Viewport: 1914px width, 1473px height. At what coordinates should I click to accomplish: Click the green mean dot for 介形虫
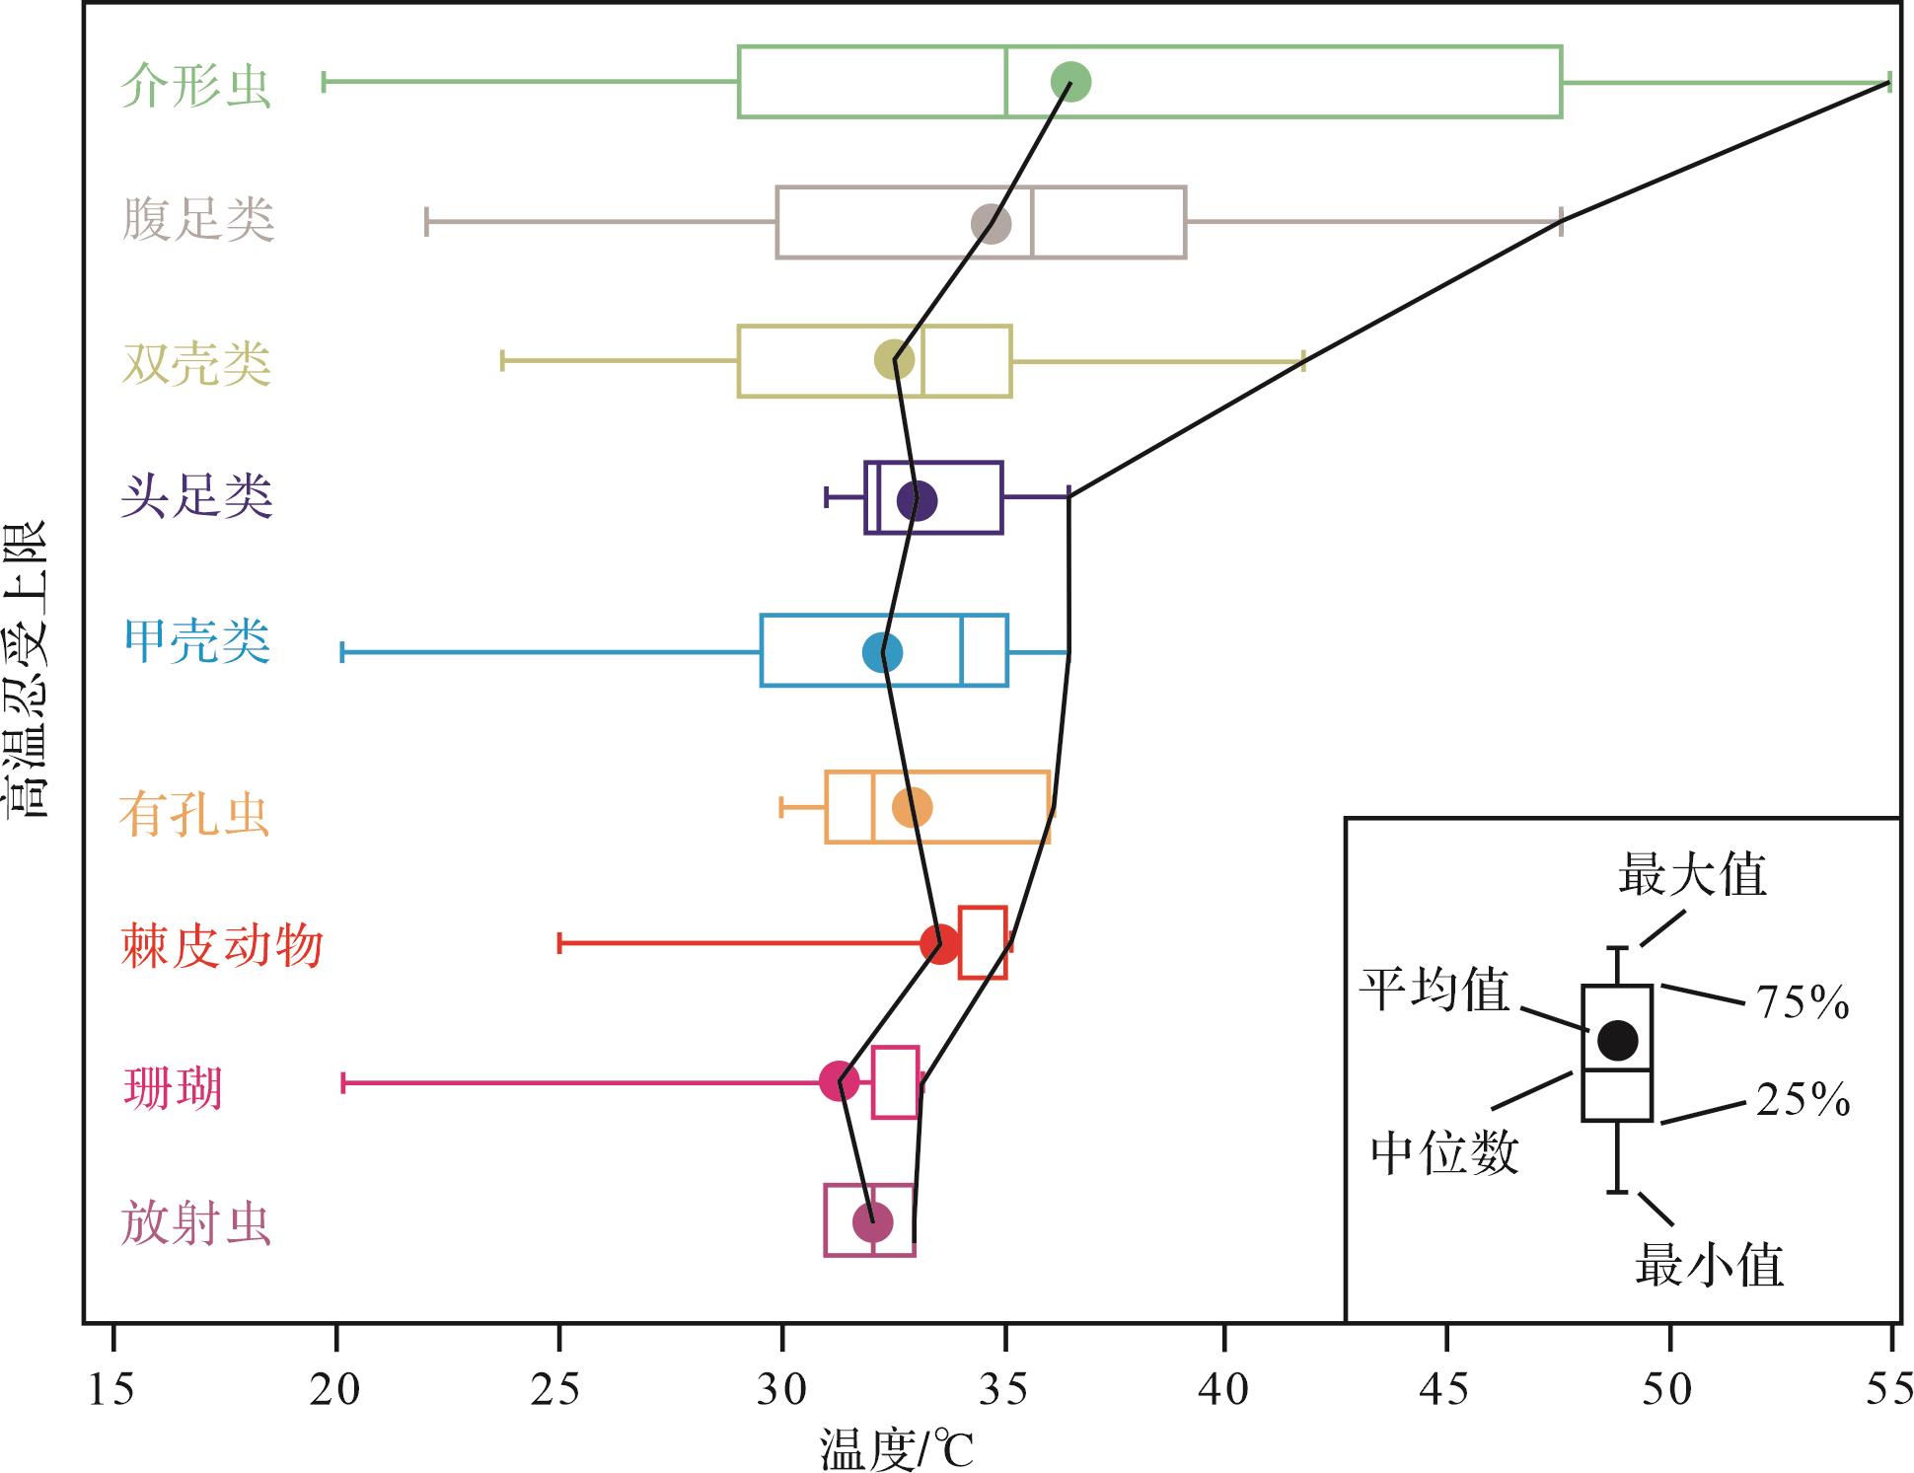pos(1070,81)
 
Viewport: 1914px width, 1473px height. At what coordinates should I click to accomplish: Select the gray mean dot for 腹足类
pos(992,223)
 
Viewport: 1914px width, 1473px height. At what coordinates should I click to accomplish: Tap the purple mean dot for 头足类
pos(917,500)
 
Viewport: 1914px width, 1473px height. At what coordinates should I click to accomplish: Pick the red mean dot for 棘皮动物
pos(939,943)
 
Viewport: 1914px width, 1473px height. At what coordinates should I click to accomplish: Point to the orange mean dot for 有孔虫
pos(913,807)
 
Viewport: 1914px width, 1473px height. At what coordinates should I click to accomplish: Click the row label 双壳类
pos(196,363)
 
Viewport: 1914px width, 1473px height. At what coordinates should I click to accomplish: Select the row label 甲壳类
pos(196,640)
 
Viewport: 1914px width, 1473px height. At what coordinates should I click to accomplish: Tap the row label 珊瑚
pos(173,1088)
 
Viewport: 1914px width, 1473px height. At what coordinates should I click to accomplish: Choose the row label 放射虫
pos(196,1223)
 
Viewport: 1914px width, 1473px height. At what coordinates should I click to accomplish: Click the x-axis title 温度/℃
pos(896,1450)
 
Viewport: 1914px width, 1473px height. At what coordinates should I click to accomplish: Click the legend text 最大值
pos(1692,874)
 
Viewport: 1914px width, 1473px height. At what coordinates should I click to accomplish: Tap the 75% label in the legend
pos(1803,1002)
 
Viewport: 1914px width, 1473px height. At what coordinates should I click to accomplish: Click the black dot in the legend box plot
pos(1617,1038)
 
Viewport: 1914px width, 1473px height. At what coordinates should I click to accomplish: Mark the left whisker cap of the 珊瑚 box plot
pos(342,1082)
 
